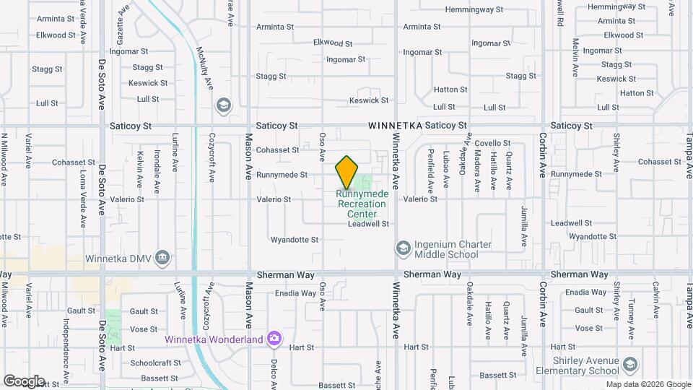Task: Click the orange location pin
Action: [346, 172]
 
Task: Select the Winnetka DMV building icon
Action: [162, 257]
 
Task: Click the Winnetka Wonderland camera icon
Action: [274, 338]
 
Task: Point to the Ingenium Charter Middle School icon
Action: [402, 248]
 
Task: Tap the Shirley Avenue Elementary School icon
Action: [631, 364]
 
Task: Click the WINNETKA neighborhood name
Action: [395, 126]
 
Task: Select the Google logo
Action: [23, 381]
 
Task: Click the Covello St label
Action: [493, 143]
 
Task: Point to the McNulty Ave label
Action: [205, 69]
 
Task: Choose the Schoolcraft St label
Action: [155, 363]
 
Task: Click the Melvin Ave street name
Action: [575, 58]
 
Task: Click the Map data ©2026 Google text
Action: [647, 384]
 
